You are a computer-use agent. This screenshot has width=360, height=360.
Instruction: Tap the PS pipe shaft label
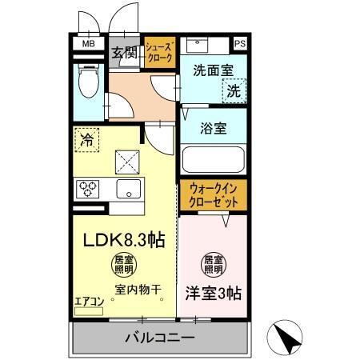240,44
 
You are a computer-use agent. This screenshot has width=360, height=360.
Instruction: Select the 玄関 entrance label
124,54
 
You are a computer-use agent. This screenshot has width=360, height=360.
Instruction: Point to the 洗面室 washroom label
212,70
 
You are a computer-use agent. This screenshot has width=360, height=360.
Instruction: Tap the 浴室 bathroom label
212,126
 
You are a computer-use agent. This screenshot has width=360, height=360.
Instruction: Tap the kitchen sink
129,190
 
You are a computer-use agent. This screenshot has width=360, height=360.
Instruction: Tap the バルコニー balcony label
159,338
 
